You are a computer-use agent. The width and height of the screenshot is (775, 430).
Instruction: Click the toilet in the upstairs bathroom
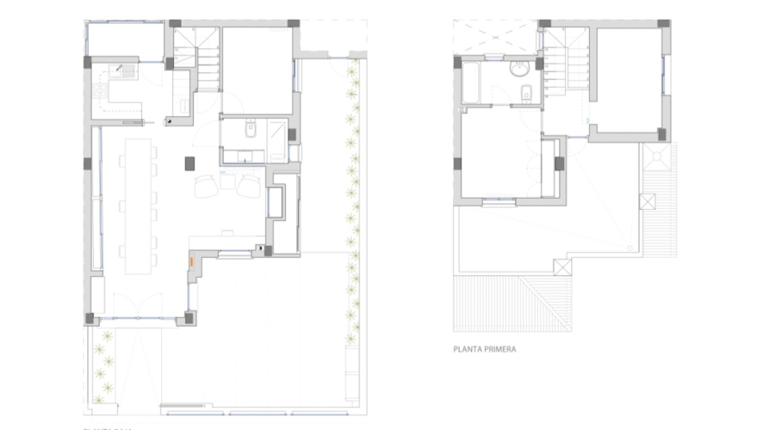click(527, 93)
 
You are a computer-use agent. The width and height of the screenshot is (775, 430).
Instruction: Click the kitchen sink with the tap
click(128, 71)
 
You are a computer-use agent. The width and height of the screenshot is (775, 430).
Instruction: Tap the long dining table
click(136, 205)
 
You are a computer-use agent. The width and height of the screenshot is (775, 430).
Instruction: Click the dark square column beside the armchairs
click(191, 161)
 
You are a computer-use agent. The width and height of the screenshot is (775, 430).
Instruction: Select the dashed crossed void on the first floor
click(494, 38)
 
